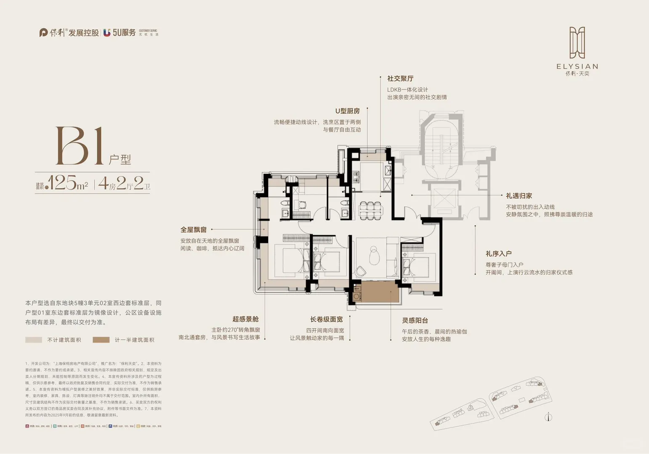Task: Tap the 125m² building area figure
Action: point(67,183)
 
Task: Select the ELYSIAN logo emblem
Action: point(577,43)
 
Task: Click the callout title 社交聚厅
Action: point(400,79)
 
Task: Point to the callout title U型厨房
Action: point(347,111)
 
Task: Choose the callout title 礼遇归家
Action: point(519,196)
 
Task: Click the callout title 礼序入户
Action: point(498,253)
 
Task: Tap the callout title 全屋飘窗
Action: point(193,230)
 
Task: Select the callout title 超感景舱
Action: point(245,319)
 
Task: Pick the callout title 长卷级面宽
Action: point(326,319)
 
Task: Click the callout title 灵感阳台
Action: point(415,320)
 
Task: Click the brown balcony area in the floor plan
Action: point(379,291)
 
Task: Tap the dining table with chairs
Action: point(370,210)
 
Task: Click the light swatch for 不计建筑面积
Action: point(34,340)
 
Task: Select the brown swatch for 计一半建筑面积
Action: point(101,340)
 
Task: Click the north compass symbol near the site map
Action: point(548,417)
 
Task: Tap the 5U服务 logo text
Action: point(124,32)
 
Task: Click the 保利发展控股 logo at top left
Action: point(69,32)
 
